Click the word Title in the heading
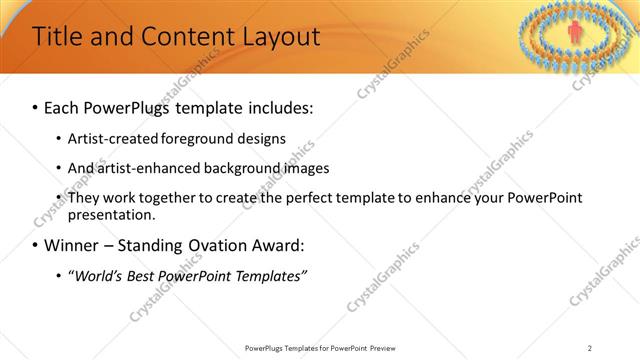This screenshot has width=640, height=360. (x=57, y=38)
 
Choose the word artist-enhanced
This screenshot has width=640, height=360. (x=144, y=168)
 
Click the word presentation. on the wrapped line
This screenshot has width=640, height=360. (x=111, y=214)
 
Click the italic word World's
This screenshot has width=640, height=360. (x=99, y=275)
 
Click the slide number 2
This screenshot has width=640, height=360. (x=590, y=348)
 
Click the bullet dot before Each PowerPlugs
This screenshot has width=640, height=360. (x=36, y=107)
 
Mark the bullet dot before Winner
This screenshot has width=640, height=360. (x=36, y=246)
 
